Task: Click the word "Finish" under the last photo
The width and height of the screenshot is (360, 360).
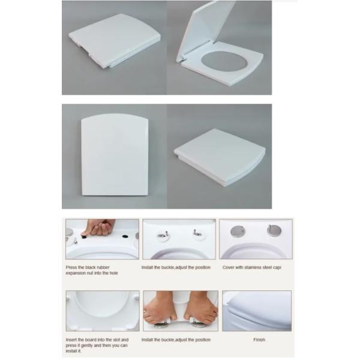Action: (x=259, y=340)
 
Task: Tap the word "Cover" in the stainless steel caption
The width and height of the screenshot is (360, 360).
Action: (x=228, y=267)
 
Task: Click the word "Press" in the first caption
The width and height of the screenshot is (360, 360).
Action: (x=71, y=267)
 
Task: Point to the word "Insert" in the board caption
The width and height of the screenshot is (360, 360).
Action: (x=71, y=340)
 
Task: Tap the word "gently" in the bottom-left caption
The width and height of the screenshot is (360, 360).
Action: (x=86, y=346)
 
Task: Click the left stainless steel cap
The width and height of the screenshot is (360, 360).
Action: (x=238, y=231)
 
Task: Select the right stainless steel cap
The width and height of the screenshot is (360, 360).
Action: (x=275, y=230)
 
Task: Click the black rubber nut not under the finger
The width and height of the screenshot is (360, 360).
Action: (x=125, y=236)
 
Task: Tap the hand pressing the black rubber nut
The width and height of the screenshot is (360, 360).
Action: (x=99, y=227)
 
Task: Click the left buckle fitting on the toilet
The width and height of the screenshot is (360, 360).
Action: (x=163, y=235)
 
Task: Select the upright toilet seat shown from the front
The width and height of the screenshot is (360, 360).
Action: (x=115, y=155)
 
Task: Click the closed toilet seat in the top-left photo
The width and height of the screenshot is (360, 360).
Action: (x=115, y=40)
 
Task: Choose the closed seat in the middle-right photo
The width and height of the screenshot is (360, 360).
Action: (x=220, y=157)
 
